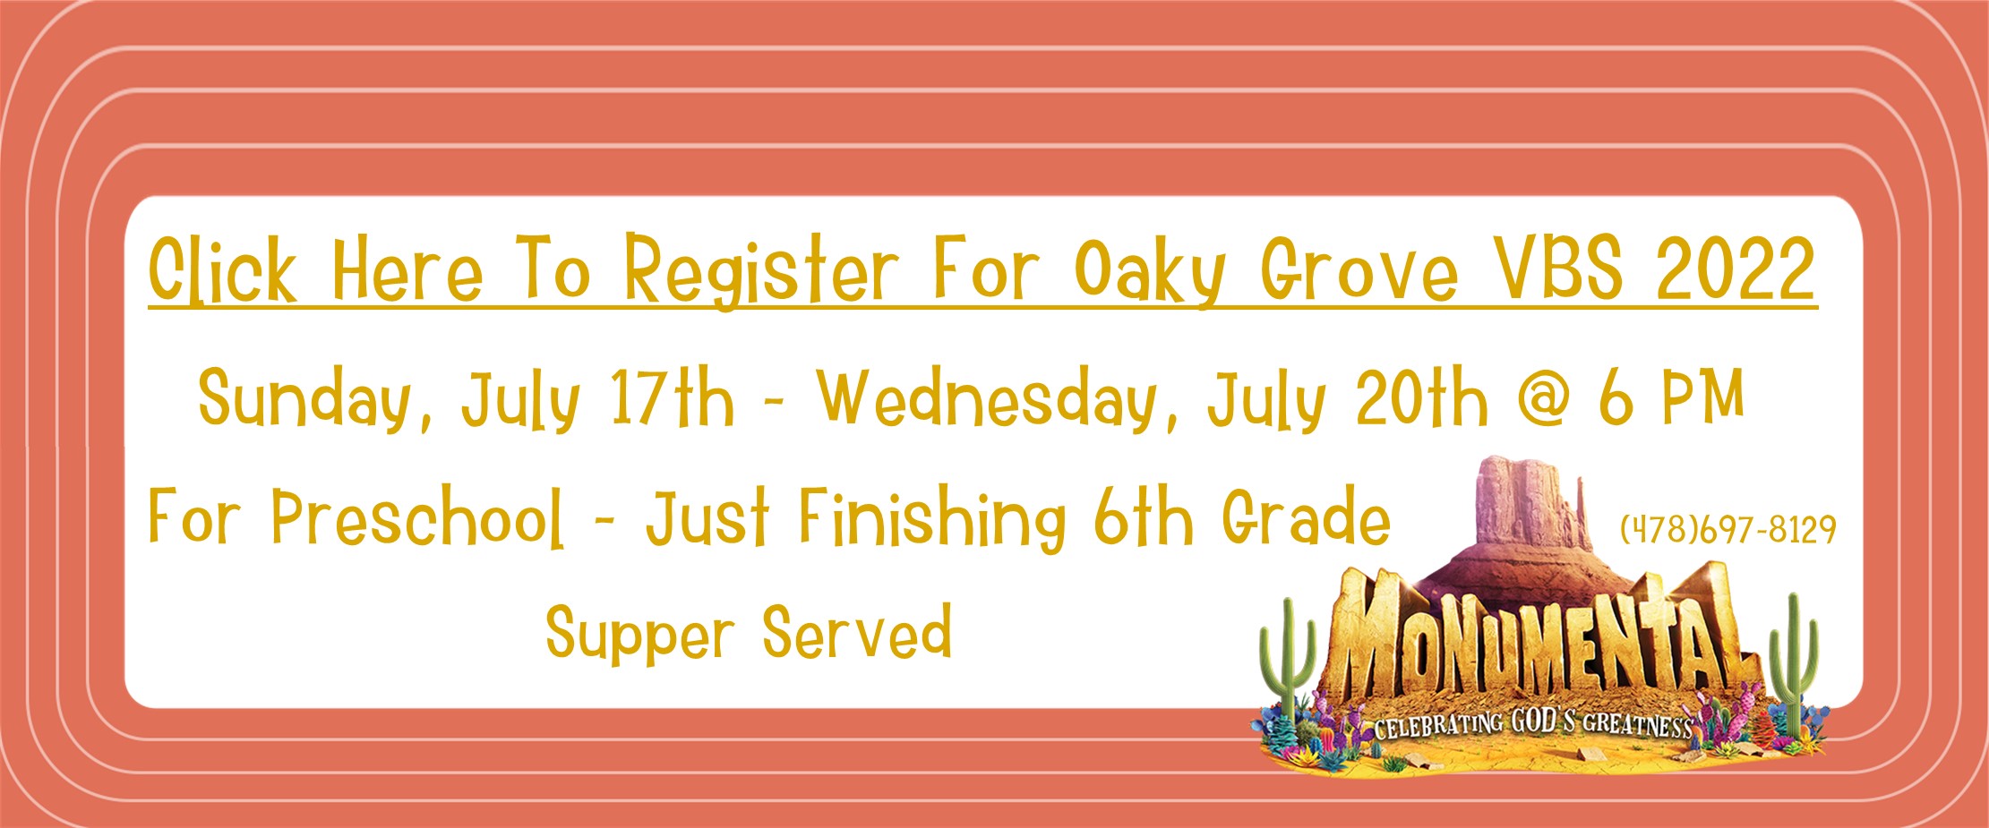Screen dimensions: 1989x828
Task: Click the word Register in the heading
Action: (760, 270)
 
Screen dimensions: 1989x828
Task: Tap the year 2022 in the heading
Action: (1736, 269)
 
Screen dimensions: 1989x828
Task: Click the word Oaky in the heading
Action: (1149, 271)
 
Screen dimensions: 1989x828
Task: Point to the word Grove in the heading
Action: (1359, 269)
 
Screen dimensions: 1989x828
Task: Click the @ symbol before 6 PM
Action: (1545, 398)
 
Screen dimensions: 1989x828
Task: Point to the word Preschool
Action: (418, 516)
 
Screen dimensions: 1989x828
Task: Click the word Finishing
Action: (932, 518)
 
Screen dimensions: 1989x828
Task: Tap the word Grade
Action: (1307, 516)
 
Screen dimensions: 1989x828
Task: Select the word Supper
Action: (640, 635)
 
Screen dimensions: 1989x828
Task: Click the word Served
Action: (857, 631)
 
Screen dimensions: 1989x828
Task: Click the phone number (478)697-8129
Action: (1728, 529)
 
